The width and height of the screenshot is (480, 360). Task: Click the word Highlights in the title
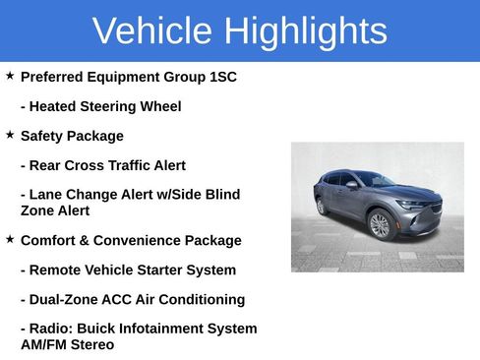[305, 32]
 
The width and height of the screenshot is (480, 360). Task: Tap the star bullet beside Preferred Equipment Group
[10, 75]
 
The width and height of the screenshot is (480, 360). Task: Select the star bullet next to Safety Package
[10, 134]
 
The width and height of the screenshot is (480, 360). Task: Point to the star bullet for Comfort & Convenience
[10, 238]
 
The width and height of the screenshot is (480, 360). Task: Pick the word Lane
[47, 195]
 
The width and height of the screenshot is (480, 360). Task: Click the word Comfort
[51, 240]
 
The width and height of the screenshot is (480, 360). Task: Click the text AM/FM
[43, 344]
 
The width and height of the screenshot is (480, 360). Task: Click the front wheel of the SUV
[380, 225]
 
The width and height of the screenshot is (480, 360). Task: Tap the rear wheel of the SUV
[322, 207]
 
